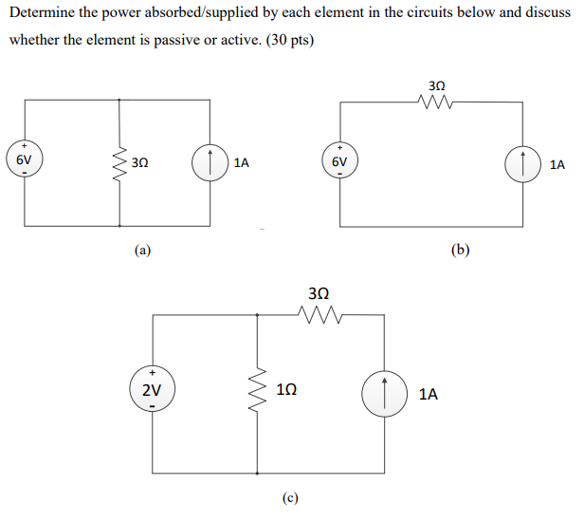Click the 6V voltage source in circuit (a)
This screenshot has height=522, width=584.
25,162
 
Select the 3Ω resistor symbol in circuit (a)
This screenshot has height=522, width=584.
119,163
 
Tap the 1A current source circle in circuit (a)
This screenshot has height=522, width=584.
209,163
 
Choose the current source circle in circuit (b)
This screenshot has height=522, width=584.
524,163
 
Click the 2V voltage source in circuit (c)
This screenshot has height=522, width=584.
152,391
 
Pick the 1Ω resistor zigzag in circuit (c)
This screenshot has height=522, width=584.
257,391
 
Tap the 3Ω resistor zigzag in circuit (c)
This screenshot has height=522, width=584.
319,315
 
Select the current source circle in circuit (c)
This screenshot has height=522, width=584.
384,391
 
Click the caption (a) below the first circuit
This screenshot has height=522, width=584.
142,251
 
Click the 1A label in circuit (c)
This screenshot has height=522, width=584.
428,392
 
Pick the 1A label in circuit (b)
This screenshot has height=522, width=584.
557,164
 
